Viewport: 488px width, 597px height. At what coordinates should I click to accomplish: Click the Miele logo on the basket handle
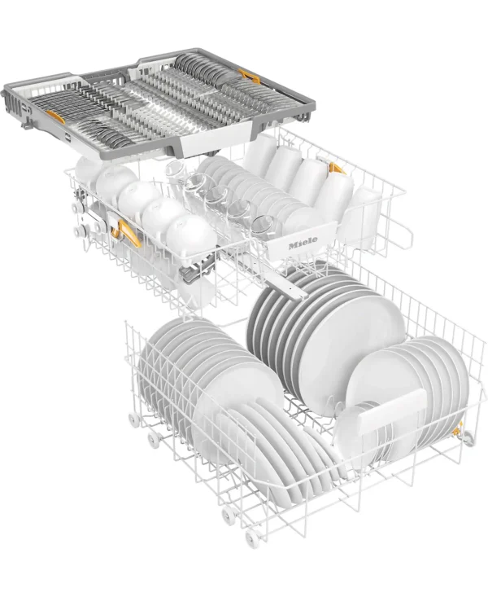click(303, 242)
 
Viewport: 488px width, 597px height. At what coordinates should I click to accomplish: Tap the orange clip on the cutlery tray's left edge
click(55, 116)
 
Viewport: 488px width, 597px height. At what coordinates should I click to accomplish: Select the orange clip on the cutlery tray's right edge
click(250, 76)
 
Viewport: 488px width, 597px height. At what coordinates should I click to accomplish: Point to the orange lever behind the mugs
click(337, 168)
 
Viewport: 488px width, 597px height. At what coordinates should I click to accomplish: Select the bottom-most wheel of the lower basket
click(252, 538)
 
